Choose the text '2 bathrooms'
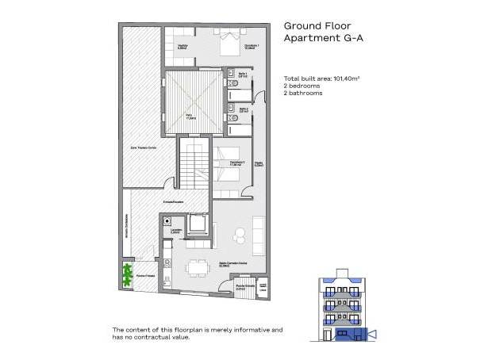coord(305,94)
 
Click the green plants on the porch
coord(125,274)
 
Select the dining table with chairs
coord(194,267)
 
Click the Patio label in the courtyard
coord(190,116)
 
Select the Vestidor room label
coord(182,48)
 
